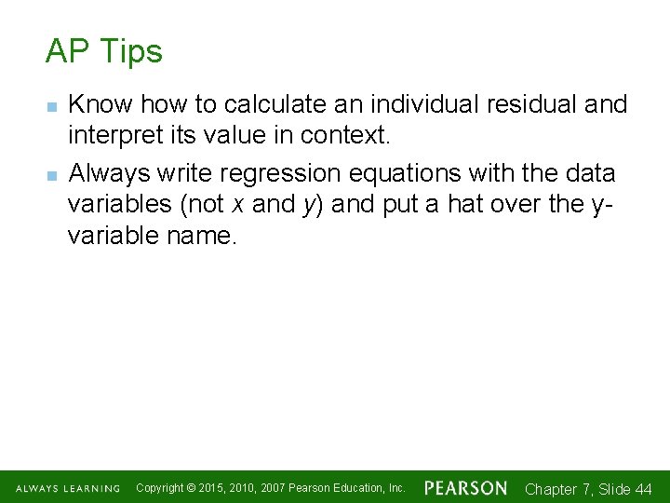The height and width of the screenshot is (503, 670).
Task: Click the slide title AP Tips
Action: (103, 51)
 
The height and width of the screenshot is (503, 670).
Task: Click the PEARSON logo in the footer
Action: (465, 488)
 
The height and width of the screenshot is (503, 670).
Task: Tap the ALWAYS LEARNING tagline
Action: (67, 489)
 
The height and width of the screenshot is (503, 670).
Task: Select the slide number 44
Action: (642, 489)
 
